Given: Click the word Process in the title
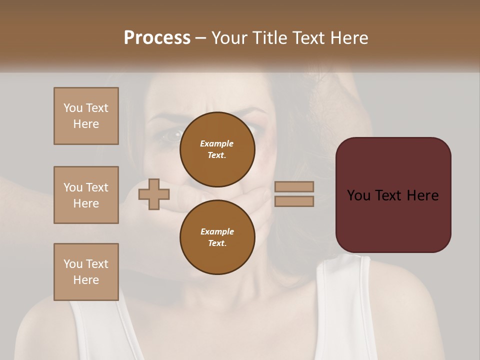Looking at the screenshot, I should pos(157,38).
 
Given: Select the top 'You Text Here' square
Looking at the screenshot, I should pos(86,116).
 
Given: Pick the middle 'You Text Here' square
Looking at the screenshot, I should pos(86,195).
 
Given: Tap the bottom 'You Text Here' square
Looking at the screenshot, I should pos(86,272).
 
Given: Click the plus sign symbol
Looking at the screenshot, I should pos(153,194).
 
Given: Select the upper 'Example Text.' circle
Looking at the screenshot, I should pos(217,149).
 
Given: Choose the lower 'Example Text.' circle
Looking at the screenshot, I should pos(217,237).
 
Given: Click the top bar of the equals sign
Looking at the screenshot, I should pos(294,187).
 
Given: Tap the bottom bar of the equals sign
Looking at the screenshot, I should pos(294,201).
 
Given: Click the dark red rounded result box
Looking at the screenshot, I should pos(393,195).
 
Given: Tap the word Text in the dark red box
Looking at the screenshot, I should pos(393,195).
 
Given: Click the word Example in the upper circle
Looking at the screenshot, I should pos(217,143).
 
